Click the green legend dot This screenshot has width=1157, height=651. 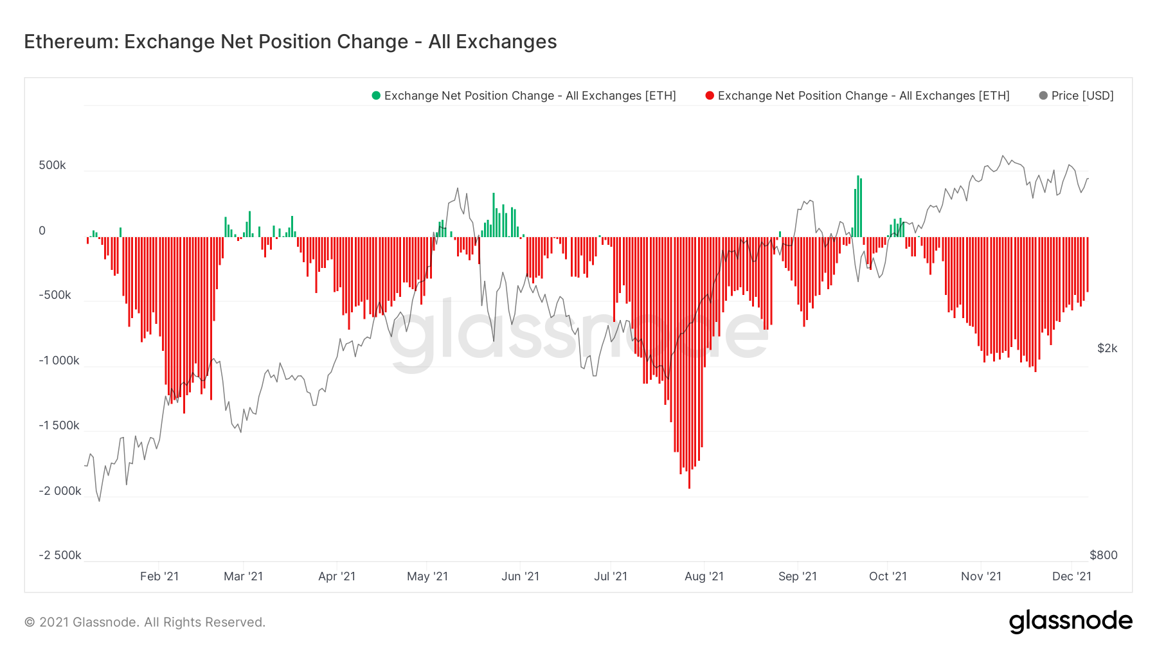click(376, 96)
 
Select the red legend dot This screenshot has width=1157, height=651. click(710, 96)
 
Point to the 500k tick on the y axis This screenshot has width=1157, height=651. click(52, 165)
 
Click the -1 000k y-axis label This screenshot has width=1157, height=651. click(59, 361)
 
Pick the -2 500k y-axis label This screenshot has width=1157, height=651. click(60, 555)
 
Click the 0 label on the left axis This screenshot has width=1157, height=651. click(42, 231)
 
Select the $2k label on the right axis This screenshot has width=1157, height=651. click(1107, 348)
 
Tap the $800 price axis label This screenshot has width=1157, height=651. click(1103, 555)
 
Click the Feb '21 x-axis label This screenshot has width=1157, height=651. click(159, 576)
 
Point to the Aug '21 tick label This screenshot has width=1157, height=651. click(704, 576)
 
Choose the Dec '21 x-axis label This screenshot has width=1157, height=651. click(1072, 576)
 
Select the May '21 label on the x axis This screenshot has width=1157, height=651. click(427, 576)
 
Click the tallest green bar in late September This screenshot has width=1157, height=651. click(857, 206)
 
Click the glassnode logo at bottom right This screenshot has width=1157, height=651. click(1070, 621)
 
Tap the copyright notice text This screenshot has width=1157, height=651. click(145, 622)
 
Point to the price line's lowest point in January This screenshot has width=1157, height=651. click(99, 501)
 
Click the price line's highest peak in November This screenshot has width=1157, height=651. click(1003, 156)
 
